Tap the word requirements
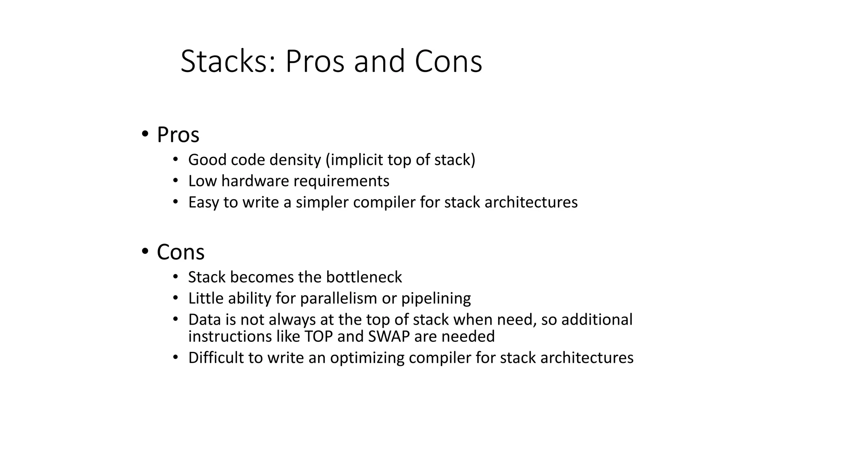pyautogui.click(x=341, y=181)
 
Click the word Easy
pyautogui.click(x=203, y=202)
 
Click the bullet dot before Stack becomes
pyautogui.click(x=175, y=276)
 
